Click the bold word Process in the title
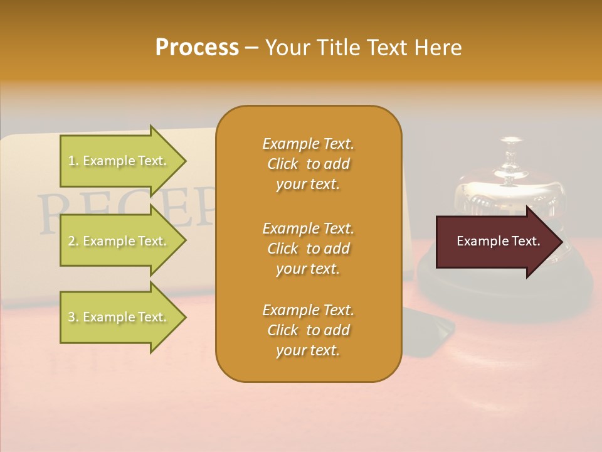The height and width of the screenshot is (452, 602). click(x=197, y=48)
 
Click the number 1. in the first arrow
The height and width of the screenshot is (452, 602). click(x=73, y=161)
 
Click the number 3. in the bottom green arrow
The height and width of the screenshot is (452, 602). click(x=73, y=317)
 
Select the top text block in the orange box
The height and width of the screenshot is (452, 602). click(x=308, y=164)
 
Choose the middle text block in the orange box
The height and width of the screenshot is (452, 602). click(x=308, y=248)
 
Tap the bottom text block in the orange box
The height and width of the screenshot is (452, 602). click(x=308, y=330)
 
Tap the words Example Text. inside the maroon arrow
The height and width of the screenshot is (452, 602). click(x=499, y=242)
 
